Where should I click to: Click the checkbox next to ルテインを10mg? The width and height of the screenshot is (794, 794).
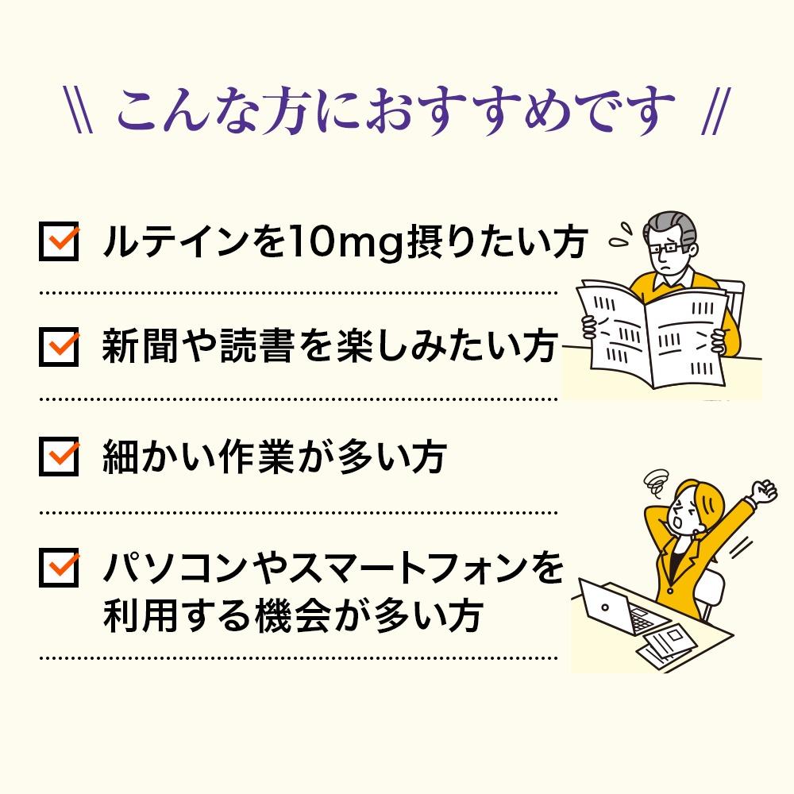pyautogui.click(x=59, y=241)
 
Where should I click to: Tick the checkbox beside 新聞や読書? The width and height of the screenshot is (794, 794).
pyautogui.click(x=59, y=347)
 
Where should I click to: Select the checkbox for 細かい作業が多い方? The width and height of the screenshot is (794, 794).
pyautogui.click(x=59, y=457)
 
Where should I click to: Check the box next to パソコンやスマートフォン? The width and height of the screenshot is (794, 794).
pyautogui.click(x=59, y=567)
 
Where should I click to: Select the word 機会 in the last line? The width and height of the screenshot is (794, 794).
pyautogui.click(x=293, y=615)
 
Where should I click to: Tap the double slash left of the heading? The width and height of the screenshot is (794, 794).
pyautogui.click(x=79, y=110)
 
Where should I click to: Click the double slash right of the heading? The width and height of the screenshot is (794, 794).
pyautogui.click(x=716, y=111)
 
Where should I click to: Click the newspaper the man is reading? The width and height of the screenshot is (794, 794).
pyautogui.click(x=653, y=334)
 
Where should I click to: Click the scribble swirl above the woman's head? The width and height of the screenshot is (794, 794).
pyautogui.click(x=657, y=484)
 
